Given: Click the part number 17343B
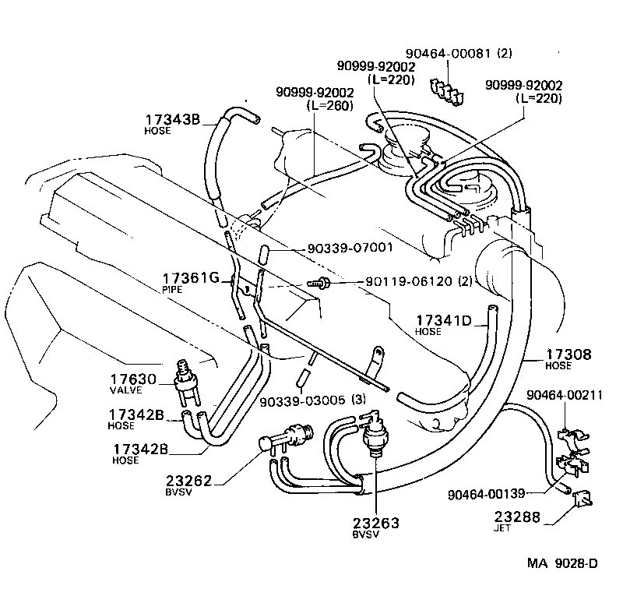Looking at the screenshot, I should pyautogui.click(x=172, y=119).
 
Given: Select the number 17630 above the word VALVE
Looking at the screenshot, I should pyautogui.click(x=136, y=379).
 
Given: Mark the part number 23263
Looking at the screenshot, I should pyautogui.click(x=375, y=523).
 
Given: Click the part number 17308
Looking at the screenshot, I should pyautogui.click(x=568, y=354).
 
